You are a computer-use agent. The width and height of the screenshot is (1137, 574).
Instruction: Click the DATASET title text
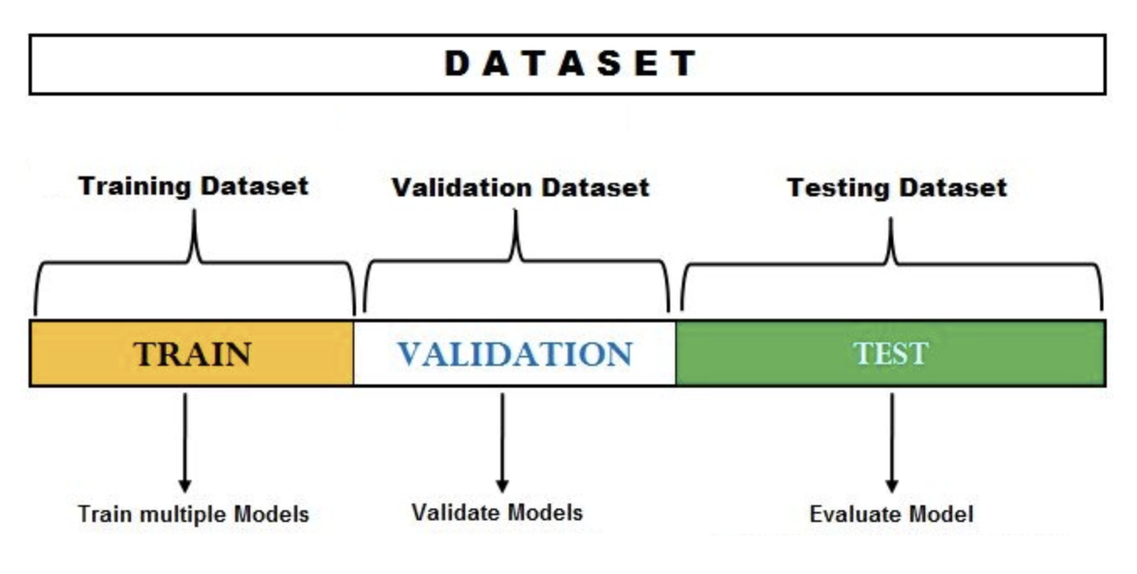click(x=570, y=64)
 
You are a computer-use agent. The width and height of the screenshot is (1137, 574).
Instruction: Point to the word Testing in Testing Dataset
click(x=838, y=188)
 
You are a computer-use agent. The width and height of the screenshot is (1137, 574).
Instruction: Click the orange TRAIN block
click(x=191, y=353)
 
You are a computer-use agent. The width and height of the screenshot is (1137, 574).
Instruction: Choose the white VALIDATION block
click(x=515, y=353)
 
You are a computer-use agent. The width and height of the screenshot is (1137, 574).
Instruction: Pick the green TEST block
click(x=891, y=353)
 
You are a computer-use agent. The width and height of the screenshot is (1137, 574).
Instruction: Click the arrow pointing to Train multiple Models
click(x=185, y=442)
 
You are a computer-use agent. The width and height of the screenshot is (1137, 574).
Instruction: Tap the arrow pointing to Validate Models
click(x=502, y=442)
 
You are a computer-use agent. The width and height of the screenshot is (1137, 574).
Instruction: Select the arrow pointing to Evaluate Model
click(x=892, y=442)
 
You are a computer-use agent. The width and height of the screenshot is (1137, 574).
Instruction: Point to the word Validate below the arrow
click(x=456, y=512)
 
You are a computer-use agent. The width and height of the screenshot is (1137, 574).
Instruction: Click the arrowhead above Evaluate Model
click(x=892, y=485)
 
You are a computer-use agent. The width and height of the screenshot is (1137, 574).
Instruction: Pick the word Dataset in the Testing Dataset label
click(x=953, y=188)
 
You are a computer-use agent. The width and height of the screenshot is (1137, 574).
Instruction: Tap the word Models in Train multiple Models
click(x=271, y=514)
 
